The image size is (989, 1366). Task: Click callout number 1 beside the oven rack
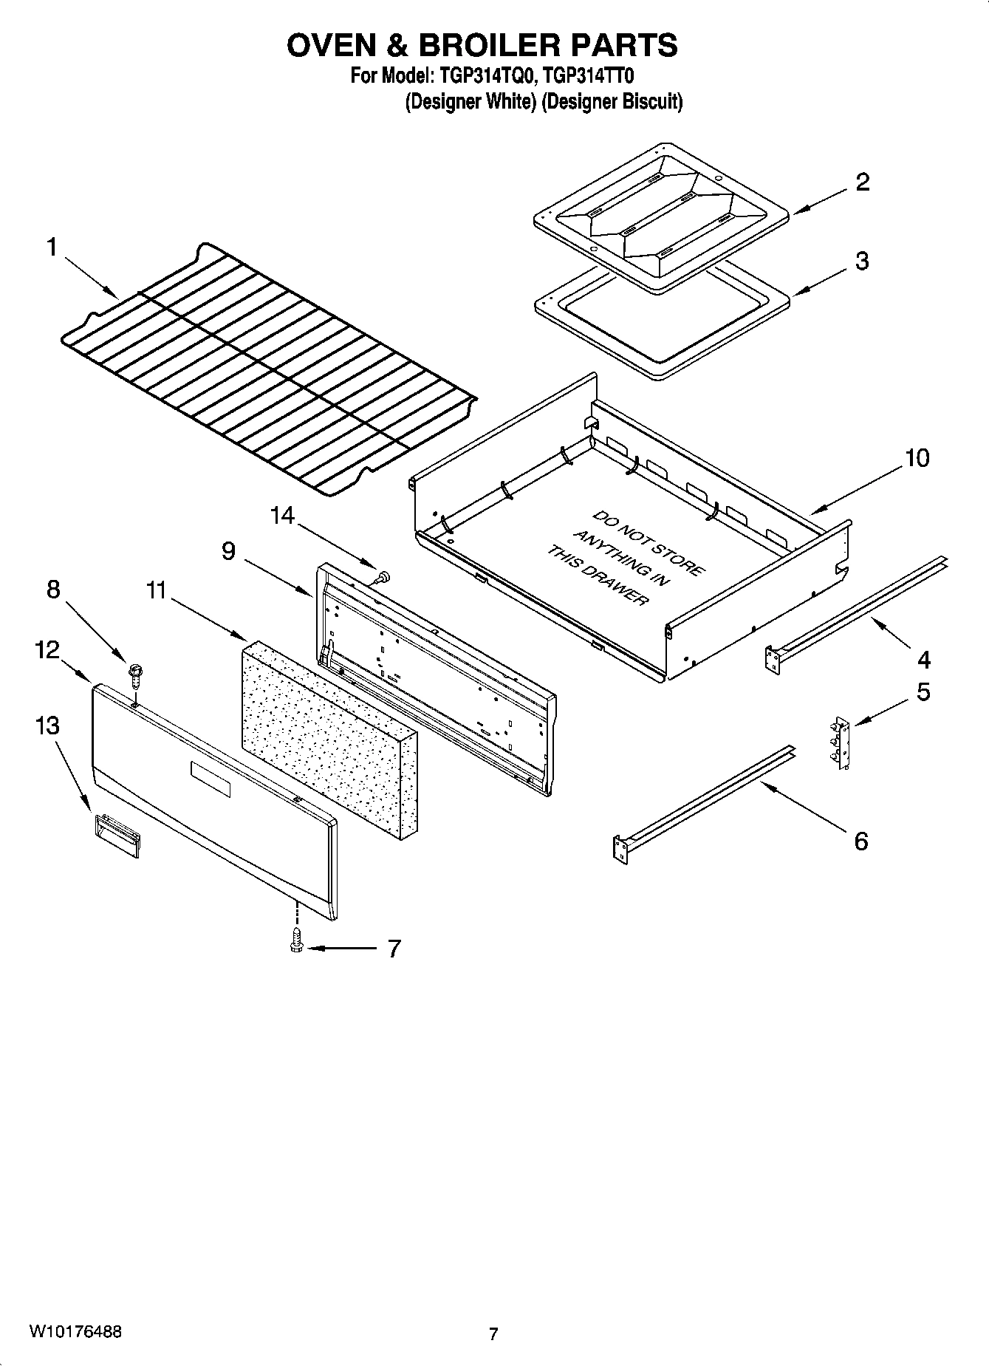[52, 247]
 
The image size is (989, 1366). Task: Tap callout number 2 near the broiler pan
[862, 182]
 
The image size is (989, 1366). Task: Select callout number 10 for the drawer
[917, 458]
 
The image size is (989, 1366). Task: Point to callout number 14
[282, 516]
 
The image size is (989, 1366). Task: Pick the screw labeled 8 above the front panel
[136, 671]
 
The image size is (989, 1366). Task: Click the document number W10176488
[75, 1332]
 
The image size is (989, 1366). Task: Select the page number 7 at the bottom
[493, 1334]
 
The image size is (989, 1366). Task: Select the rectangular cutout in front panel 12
[211, 779]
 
